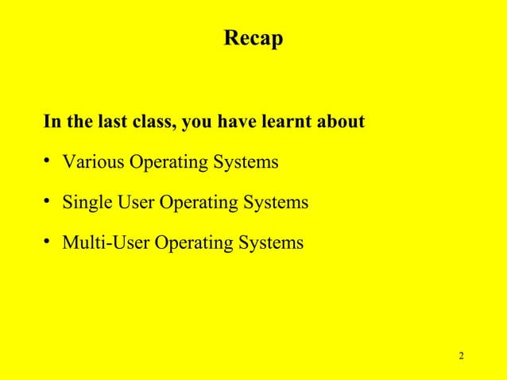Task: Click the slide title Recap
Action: click(x=253, y=38)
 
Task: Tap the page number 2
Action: click(x=462, y=354)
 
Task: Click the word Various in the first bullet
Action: click(x=89, y=163)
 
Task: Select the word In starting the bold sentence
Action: click(x=52, y=123)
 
